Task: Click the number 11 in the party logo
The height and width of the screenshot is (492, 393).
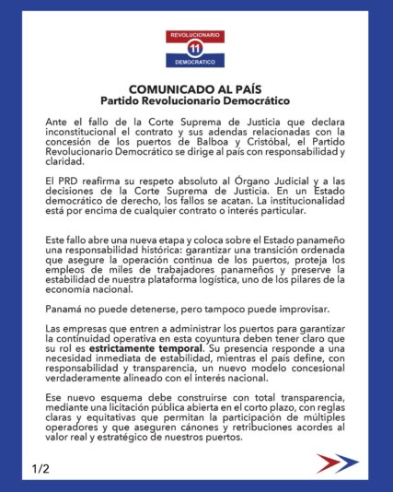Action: coord(195,48)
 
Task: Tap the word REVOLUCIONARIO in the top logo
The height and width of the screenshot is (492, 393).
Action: coord(195,34)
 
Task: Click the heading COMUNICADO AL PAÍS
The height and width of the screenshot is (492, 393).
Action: coord(195,86)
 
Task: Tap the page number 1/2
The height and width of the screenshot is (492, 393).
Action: coord(40,469)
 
